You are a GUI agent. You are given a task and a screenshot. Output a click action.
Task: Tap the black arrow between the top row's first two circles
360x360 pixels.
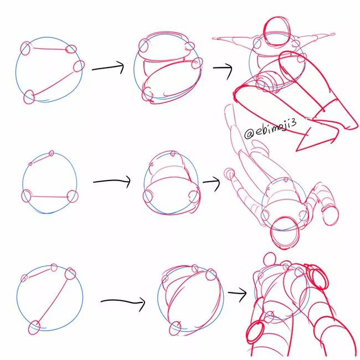coord(108,67)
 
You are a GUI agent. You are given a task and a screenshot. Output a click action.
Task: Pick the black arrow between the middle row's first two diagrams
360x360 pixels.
coord(112,181)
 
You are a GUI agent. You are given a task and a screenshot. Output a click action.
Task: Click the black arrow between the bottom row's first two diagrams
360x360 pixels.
coord(123,301)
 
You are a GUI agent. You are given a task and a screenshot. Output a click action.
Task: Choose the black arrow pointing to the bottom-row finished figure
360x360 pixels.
coord(238,293)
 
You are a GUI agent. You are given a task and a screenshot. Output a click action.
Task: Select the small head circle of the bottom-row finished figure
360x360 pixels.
coord(270,259)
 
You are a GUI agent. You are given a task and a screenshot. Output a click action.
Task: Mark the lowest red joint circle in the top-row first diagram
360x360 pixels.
coord(29,97)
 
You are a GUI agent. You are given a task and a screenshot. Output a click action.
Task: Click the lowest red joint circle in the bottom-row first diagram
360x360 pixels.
coord(34,328)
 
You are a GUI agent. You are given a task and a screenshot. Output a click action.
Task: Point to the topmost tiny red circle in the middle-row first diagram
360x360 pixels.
coord(52,153)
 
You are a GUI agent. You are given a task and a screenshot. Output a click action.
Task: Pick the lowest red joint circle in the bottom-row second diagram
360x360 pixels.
coord(175,328)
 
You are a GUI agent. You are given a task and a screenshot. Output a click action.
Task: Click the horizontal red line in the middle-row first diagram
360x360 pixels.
coord(49,197)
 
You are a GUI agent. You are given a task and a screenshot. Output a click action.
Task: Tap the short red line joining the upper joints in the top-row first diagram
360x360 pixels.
coord(50,48)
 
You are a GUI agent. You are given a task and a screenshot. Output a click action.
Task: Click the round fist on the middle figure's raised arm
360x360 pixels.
coord(229,174)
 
